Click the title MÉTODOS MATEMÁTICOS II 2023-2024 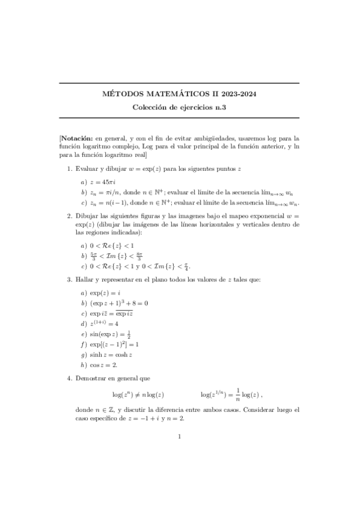[x=179, y=94]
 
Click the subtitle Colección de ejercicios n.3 [x=179, y=107]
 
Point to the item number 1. [x=69, y=169]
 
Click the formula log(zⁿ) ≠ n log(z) [x=138, y=395]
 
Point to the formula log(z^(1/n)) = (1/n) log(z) [x=231, y=395]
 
